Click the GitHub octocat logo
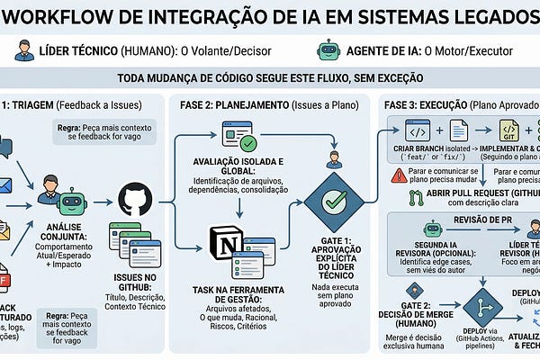tap(132, 196)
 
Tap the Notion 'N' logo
tap(224, 241)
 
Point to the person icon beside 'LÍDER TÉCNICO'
tap(24, 50)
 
